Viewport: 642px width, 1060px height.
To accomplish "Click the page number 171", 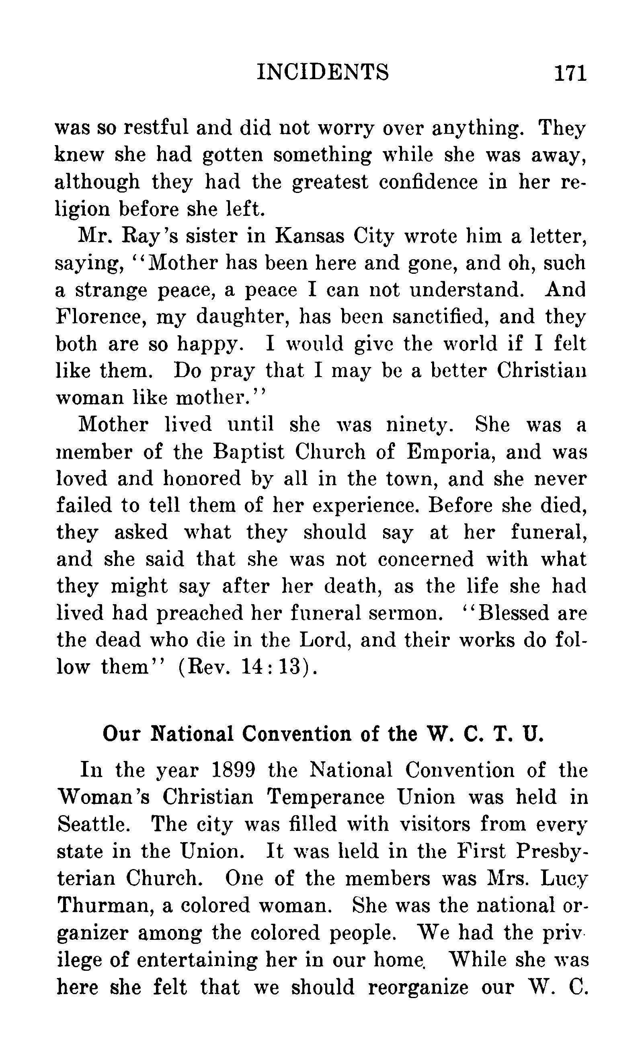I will (570, 73).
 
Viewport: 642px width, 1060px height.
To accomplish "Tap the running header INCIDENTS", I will (323, 72).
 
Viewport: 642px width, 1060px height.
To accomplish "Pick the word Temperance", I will (326, 797).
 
